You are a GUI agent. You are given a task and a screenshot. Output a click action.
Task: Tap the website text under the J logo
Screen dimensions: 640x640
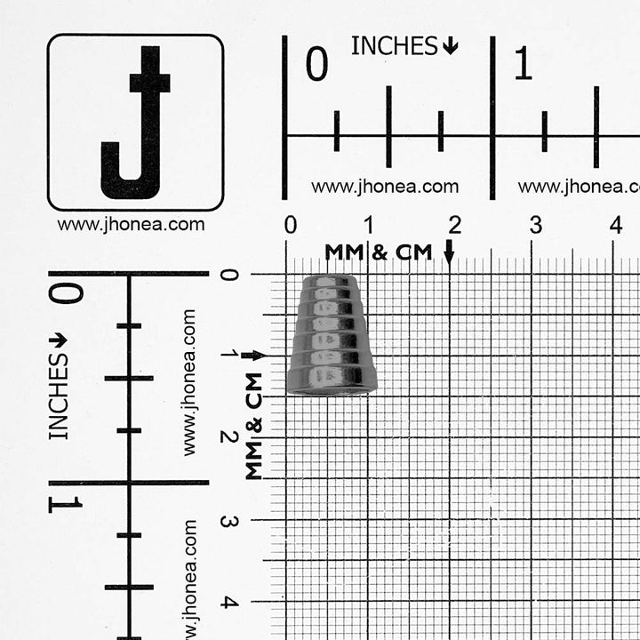[131, 225]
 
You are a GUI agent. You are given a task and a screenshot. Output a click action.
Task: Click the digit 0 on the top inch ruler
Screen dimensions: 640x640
[316, 63]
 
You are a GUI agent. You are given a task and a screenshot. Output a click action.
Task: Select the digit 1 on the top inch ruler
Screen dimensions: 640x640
[524, 63]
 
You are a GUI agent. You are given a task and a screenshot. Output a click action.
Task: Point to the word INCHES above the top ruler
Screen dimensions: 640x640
[395, 45]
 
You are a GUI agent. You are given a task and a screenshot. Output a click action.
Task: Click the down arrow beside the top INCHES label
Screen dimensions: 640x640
[450, 45]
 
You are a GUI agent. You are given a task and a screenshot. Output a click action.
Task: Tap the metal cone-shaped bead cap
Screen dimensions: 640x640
[332, 335]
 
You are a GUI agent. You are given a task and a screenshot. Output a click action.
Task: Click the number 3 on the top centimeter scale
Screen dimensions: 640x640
[535, 225]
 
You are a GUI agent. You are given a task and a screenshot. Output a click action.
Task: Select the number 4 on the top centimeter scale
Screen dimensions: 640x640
[616, 225]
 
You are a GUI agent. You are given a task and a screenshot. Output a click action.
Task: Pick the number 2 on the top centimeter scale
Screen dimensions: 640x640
[455, 225]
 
